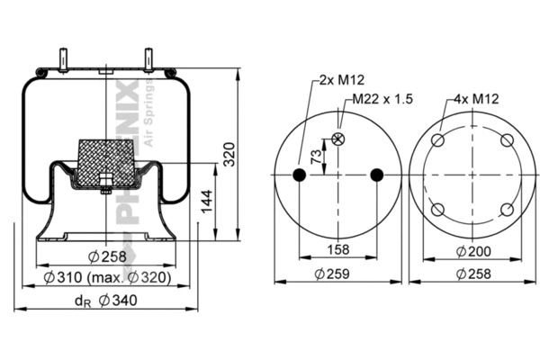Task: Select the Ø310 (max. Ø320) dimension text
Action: pos(108,278)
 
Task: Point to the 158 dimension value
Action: pos(337,250)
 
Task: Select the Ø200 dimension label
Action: pos(472,250)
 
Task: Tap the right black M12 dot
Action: pos(376,175)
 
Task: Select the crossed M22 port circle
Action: pos(339,139)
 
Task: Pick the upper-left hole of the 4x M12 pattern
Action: pos(438,140)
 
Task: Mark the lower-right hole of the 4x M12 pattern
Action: pos(507,209)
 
